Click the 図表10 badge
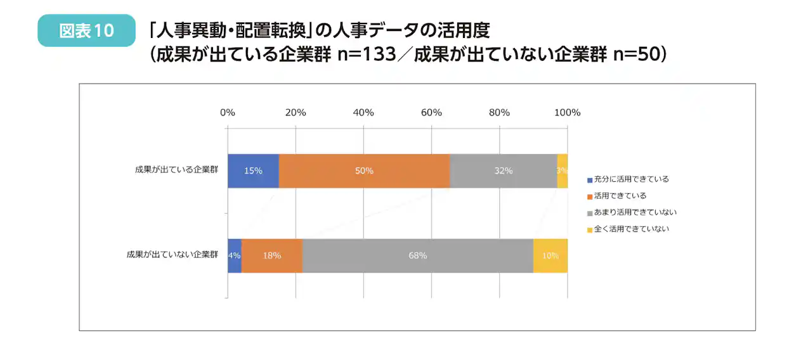(x=86, y=31)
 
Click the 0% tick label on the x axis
(x=228, y=113)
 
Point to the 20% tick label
(x=296, y=113)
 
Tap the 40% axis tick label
(x=363, y=113)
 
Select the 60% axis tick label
(x=431, y=113)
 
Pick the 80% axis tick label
(x=499, y=113)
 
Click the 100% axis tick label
(x=567, y=113)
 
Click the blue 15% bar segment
(x=253, y=171)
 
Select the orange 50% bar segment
(x=364, y=171)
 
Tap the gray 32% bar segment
(x=504, y=171)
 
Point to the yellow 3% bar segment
(x=563, y=171)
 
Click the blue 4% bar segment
(x=234, y=255)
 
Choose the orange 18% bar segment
(x=272, y=255)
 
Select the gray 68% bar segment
(x=418, y=255)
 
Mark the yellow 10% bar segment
(x=550, y=255)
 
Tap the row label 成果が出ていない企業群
(x=172, y=255)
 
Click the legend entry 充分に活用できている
(x=628, y=179)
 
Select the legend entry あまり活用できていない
(x=632, y=212)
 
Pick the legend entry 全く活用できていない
(x=628, y=229)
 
